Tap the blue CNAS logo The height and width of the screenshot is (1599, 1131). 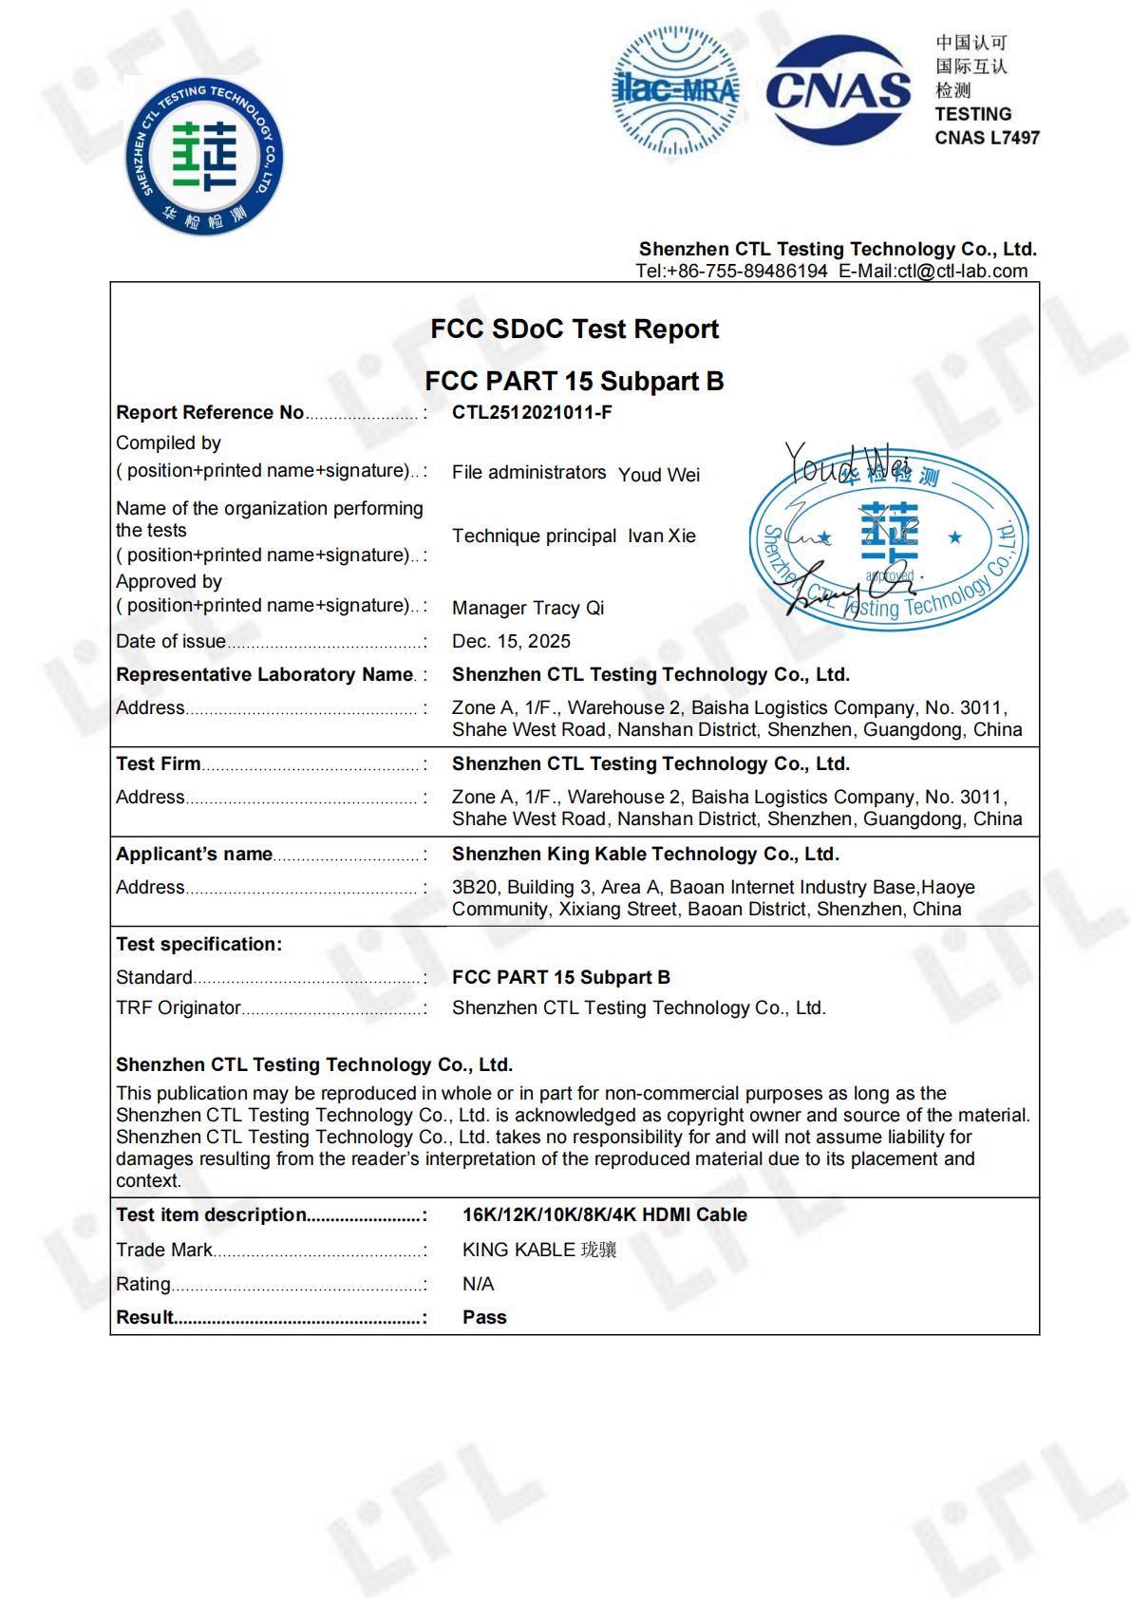click(x=838, y=90)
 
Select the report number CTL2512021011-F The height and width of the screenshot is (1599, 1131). click(x=532, y=412)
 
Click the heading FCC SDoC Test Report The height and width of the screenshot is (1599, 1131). click(x=575, y=329)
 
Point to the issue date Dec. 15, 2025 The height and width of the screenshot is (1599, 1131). click(x=511, y=641)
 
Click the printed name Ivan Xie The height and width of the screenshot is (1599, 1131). click(x=661, y=536)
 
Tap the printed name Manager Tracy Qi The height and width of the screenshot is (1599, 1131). click(x=528, y=608)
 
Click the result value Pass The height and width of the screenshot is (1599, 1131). click(x=484, y=1317)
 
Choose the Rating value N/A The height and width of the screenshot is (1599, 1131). click(x=478, y=1284)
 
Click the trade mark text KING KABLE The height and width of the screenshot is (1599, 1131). click(x=518, y=1250)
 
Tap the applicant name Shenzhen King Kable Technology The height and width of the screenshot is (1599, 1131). click(x=645, y=854)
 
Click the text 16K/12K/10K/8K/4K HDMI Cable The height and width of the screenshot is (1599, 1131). click(x=604, y=1214)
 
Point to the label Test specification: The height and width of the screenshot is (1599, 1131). click(x=198, y=944)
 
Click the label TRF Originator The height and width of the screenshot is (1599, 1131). click(x=179, y=1007)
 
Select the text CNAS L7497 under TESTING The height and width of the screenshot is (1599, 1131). click(x=987, y=138)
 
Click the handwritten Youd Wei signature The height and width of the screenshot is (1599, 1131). click(x=845, y=462)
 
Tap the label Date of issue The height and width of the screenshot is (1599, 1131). click(x=171, y=641)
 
